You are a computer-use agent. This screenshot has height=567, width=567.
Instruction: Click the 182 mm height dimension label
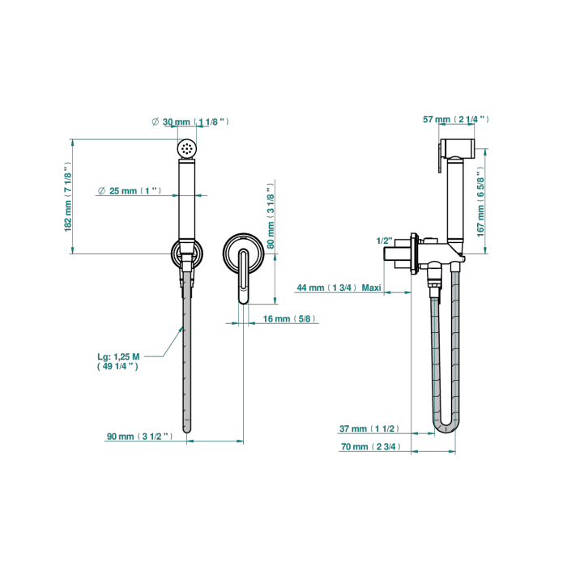68,197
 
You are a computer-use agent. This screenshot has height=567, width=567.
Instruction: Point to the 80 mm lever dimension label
271,216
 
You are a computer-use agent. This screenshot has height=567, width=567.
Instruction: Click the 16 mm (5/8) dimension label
289,318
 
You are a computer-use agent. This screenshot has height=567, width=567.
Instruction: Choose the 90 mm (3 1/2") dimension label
140,437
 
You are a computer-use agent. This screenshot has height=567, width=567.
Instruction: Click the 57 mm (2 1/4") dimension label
456,119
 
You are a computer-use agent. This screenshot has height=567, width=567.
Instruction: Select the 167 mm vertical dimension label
480,202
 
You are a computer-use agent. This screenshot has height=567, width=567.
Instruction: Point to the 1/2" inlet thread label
385,241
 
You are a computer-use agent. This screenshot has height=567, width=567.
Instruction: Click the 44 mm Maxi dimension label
339,288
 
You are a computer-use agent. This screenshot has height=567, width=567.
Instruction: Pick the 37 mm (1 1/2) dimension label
369,428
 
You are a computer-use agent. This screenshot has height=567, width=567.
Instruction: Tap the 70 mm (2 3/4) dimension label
371,446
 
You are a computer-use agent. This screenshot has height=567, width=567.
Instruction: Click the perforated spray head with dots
187,148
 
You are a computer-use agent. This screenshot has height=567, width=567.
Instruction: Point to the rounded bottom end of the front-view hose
186,428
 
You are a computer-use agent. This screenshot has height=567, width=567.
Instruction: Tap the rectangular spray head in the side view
457,148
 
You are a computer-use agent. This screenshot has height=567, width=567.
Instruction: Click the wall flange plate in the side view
415,254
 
